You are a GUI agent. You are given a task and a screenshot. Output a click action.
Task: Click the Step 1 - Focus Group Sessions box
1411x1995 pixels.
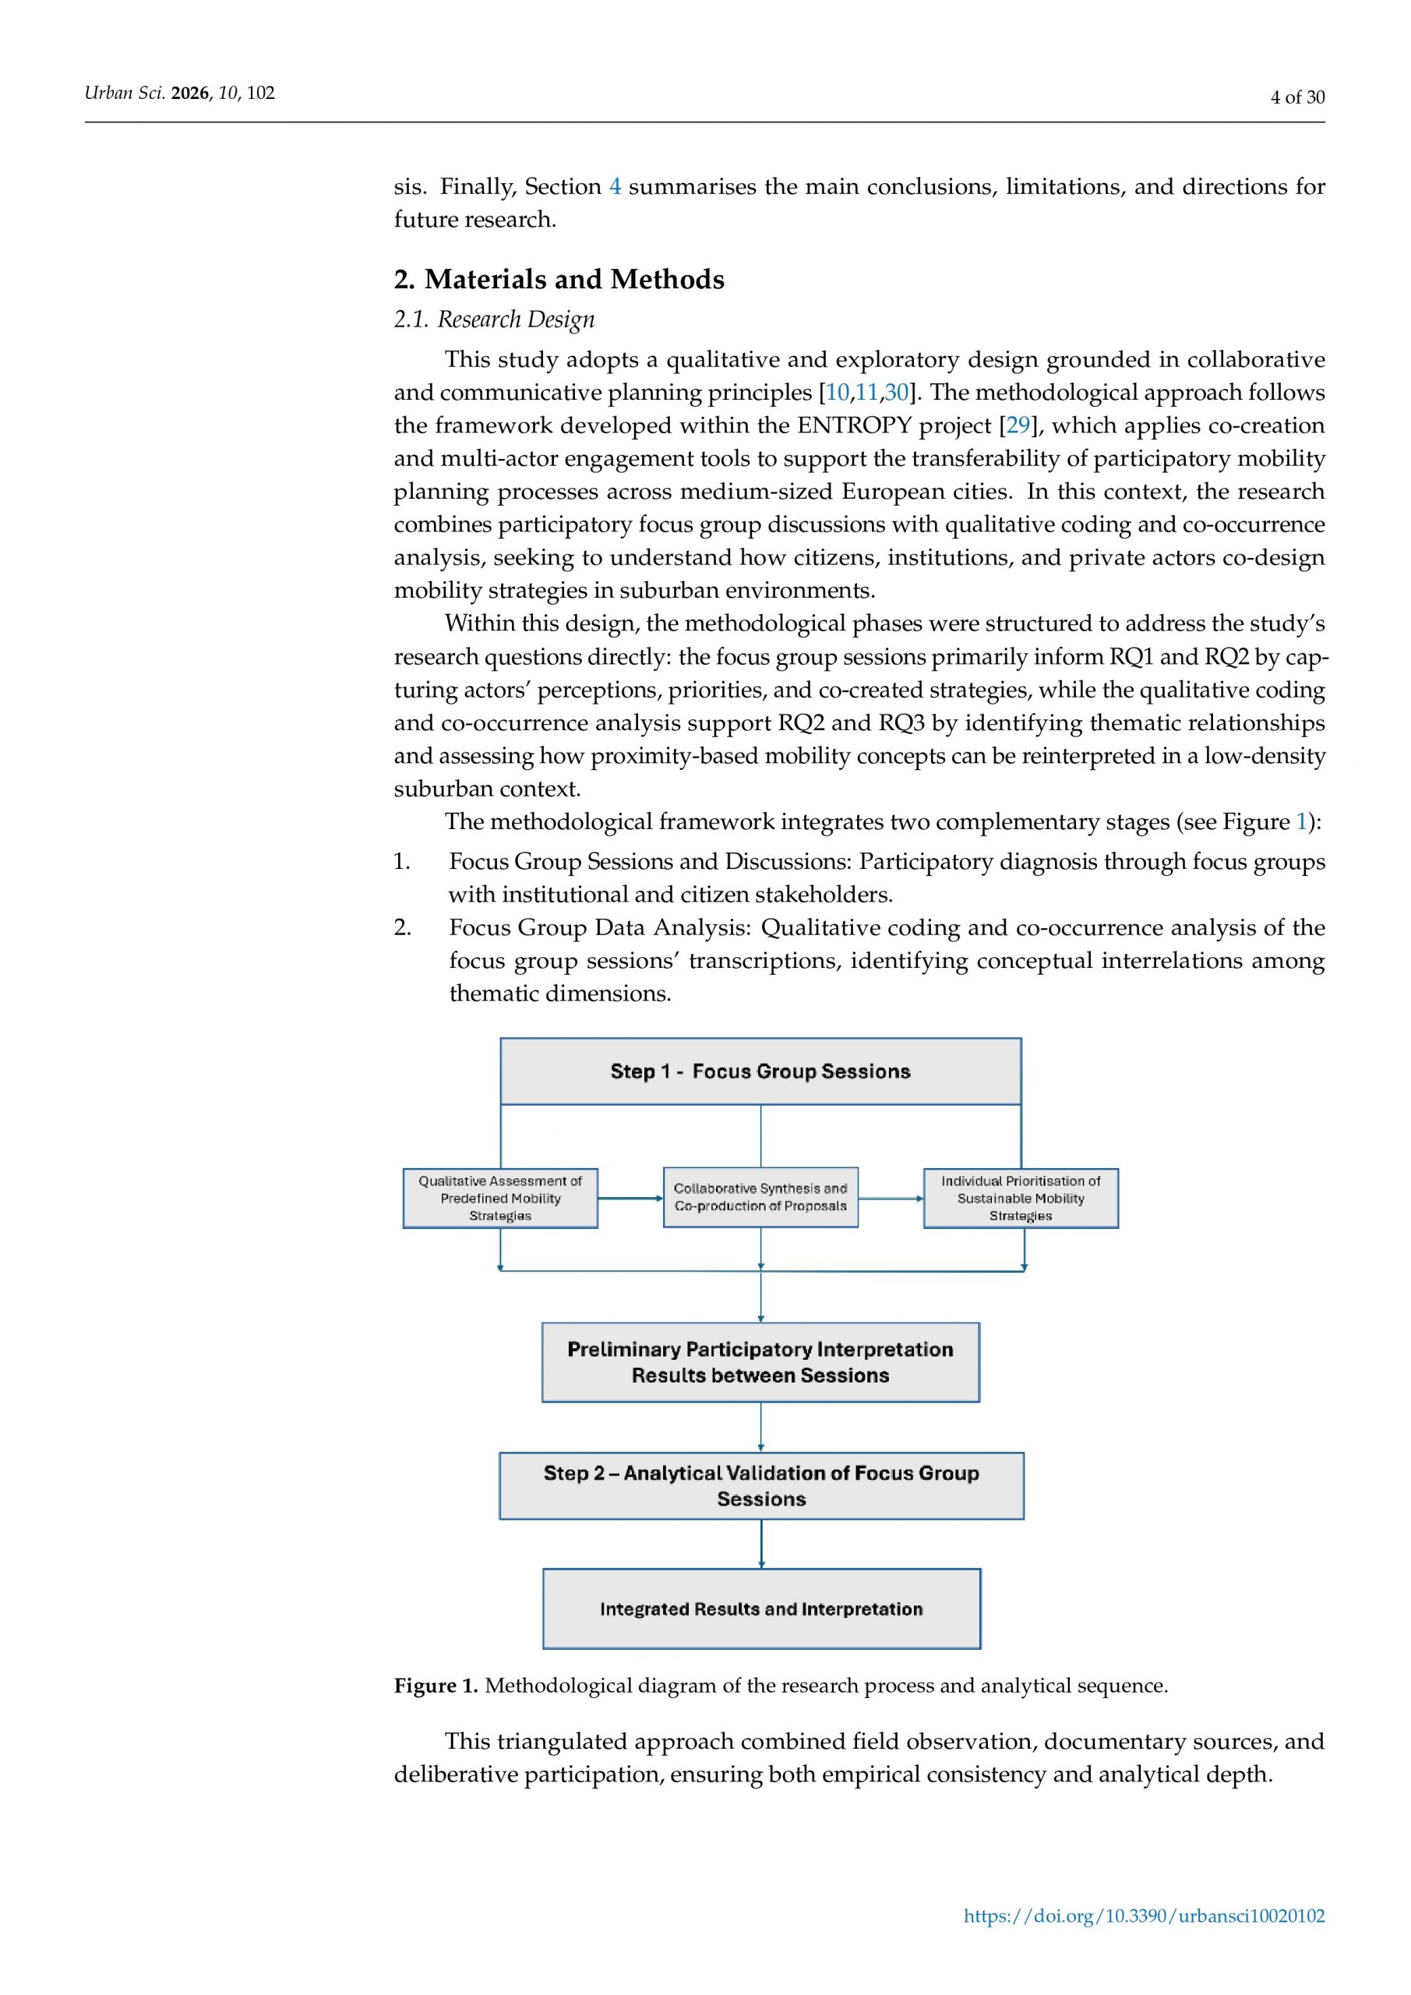tap(760, 1072)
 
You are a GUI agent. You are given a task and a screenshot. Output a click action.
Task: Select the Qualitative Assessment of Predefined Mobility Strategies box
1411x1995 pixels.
tap(500, 1199)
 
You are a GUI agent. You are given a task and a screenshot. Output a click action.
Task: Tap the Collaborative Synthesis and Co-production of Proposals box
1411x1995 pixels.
tap(760, 1197)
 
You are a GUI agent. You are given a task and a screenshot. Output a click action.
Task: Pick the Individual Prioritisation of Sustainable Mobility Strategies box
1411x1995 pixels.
tap(1021, 1199)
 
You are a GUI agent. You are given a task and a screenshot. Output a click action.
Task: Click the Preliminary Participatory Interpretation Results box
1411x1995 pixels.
tap(760, 1362)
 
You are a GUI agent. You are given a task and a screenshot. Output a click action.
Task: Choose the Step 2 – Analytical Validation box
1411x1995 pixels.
tap(761, 1486)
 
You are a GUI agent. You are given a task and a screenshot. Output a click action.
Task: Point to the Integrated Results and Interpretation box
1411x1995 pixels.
tap(761, 1609)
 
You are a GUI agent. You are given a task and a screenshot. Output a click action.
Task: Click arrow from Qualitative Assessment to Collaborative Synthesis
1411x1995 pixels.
tap(630, 1199)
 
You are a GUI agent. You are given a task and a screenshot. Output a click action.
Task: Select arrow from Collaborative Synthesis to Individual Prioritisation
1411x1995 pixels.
tap(891, 1199)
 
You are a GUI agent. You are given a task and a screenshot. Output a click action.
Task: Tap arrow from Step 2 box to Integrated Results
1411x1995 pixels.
tap(762, 1544)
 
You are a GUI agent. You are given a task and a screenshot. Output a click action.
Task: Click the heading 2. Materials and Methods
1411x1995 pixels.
tap(559, 279)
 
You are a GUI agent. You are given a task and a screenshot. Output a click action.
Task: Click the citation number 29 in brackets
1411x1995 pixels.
tap(1018, 425)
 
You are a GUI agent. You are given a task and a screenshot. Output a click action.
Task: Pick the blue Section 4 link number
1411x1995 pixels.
tap(616, 187)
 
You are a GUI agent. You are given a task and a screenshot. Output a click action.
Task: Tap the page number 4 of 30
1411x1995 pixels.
tap(1297, 97)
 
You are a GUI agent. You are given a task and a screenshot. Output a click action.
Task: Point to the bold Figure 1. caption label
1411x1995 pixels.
tap(436, 1686)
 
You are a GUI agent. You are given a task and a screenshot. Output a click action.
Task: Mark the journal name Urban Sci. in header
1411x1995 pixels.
tap(124, 93)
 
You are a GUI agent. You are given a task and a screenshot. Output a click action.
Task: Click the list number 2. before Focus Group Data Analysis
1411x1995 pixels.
tap(402, 928)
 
